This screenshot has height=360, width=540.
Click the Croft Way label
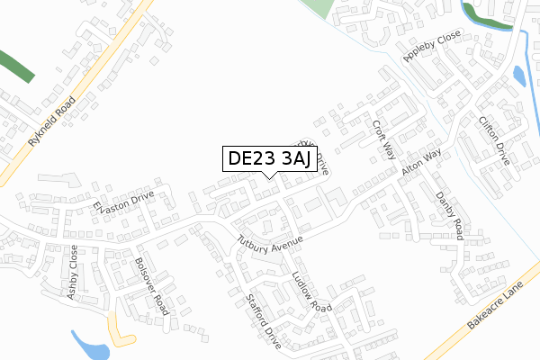pyautogui.click(x=384, y=139)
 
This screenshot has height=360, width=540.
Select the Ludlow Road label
pyautogui.click(x=311, y=292)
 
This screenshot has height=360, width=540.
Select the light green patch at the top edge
pyautogui.click(x=319, y=8)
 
